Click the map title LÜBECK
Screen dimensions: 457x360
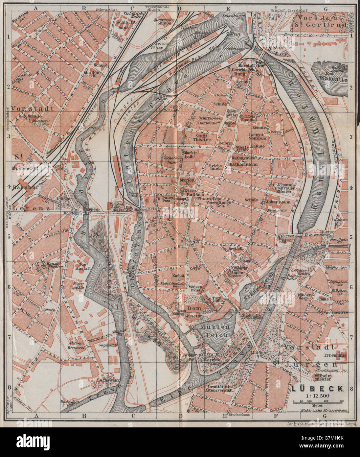(x=317, y=389)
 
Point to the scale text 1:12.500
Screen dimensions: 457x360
(x=317, y=396)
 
